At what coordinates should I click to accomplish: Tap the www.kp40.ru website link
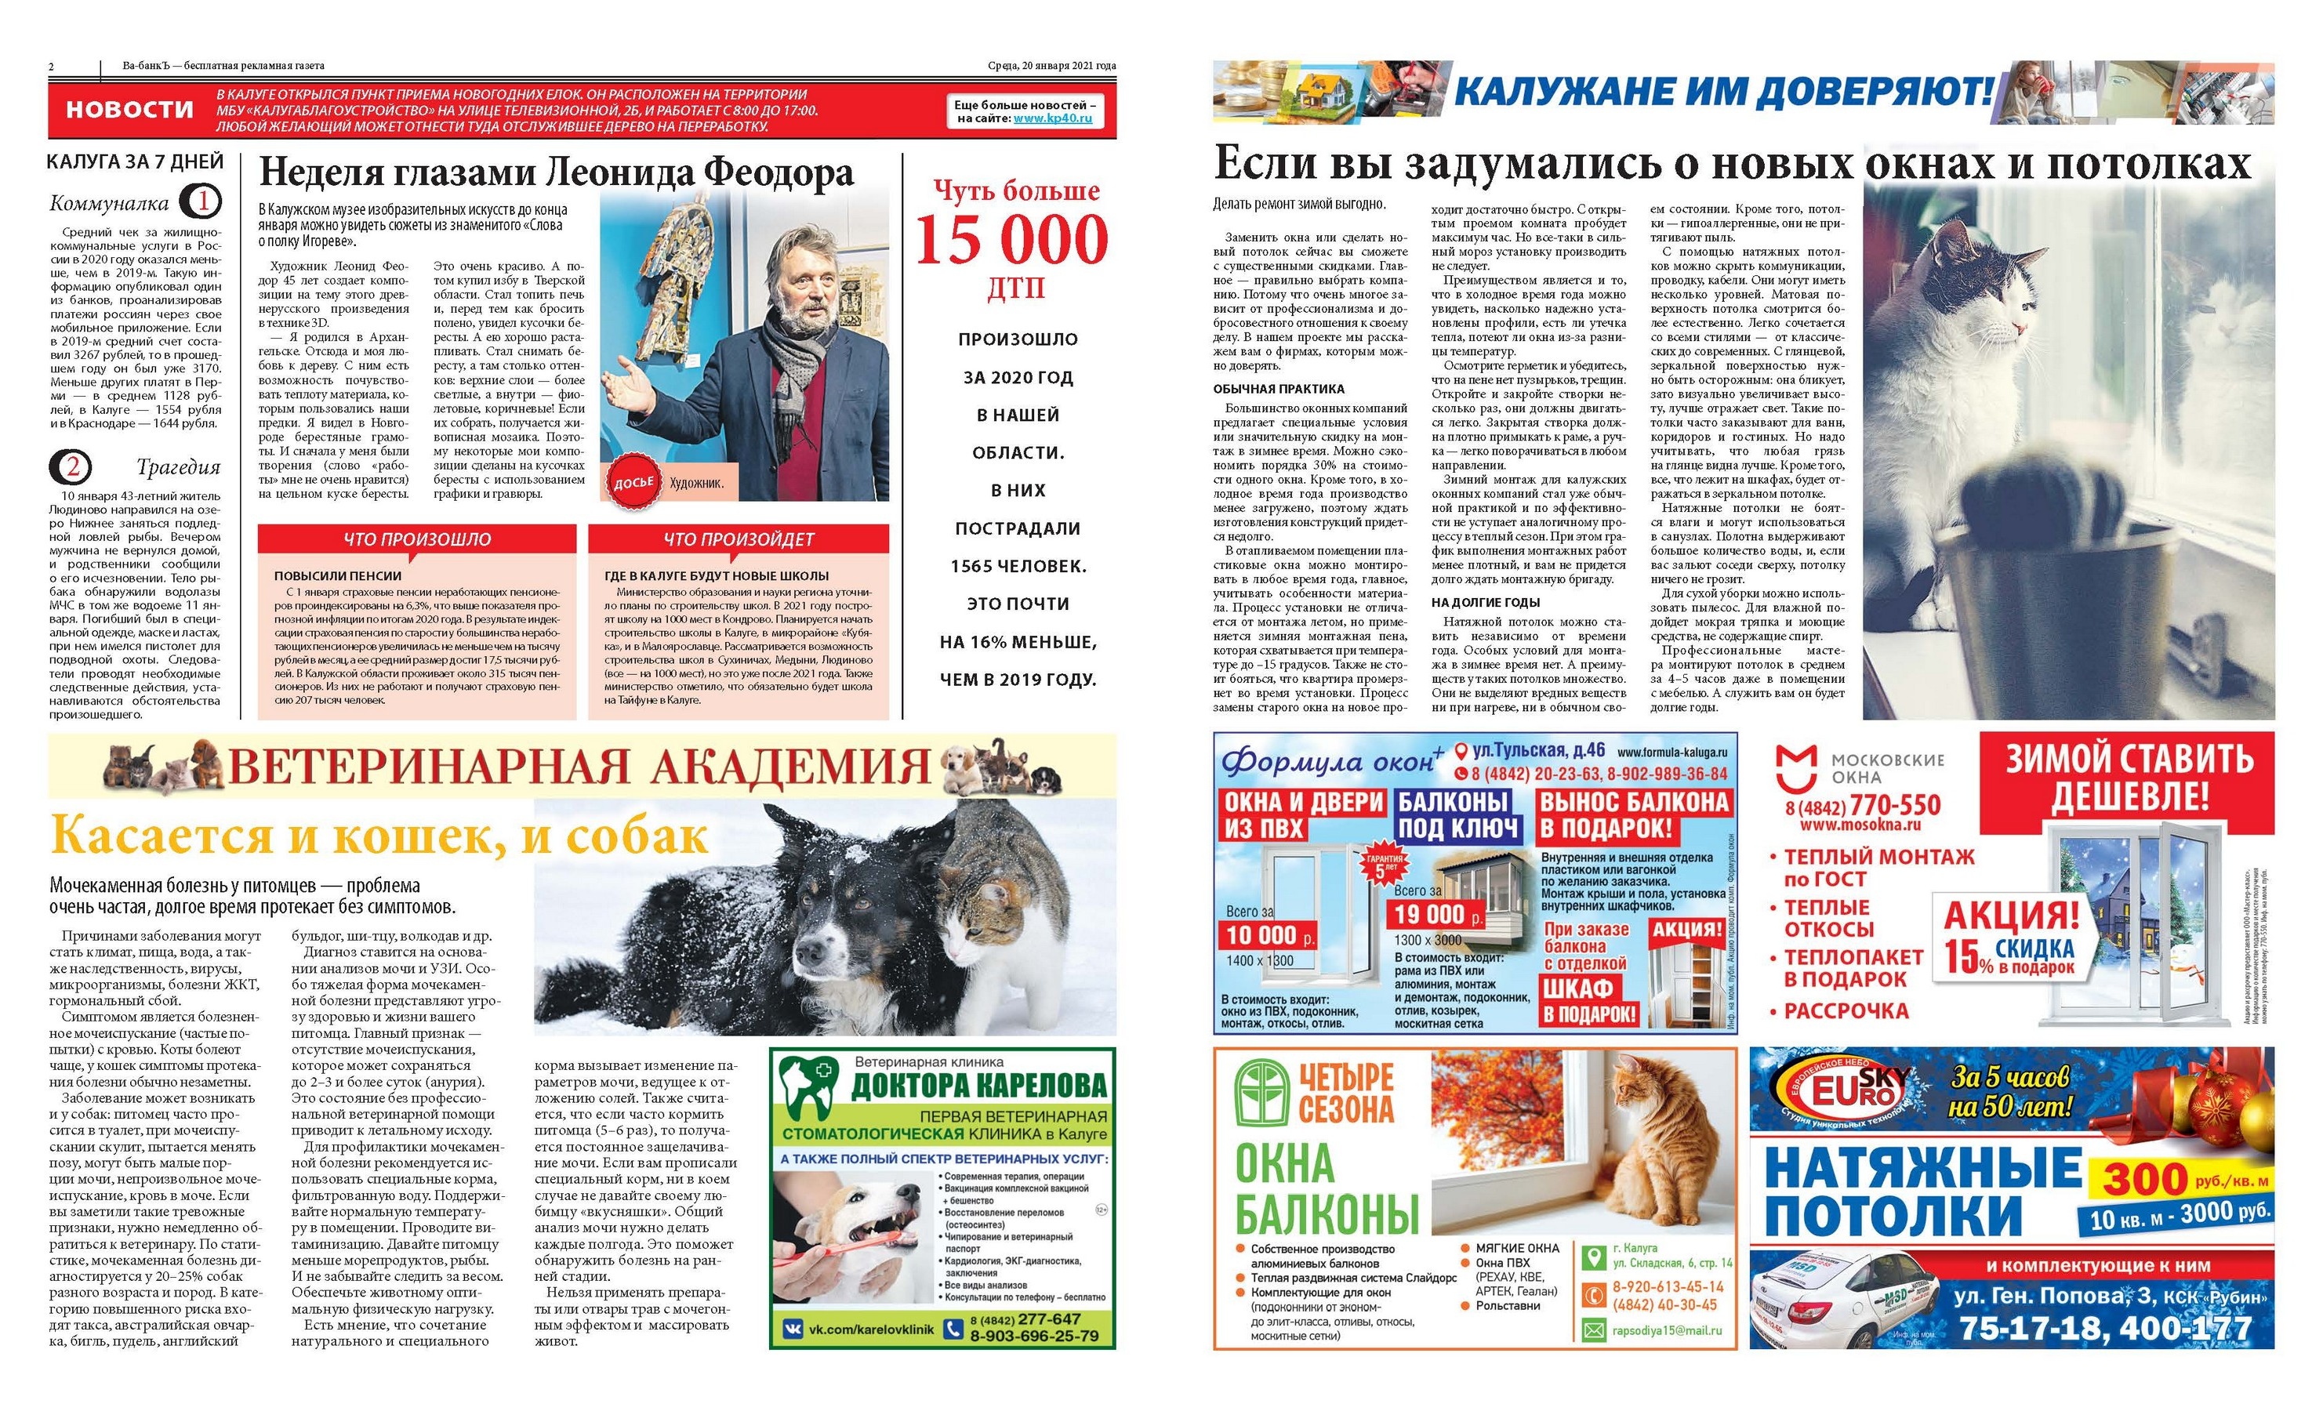pos(1052,119)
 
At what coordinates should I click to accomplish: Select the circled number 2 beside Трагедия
pos(74,467)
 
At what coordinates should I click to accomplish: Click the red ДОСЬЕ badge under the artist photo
pos(633,484)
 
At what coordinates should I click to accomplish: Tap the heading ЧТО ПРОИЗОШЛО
pos(417,539)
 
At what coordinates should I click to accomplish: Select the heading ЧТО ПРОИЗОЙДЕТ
pos(739,539)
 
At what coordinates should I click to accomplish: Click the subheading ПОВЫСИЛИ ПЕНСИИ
pos(338,575)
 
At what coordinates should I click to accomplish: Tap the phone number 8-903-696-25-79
pos(1033,1336)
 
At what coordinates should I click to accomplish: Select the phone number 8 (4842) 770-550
pos(1862,806)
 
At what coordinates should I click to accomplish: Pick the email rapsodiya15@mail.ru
pos(1666,1331)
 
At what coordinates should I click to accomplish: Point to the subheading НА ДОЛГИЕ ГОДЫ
pos(1485,602)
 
